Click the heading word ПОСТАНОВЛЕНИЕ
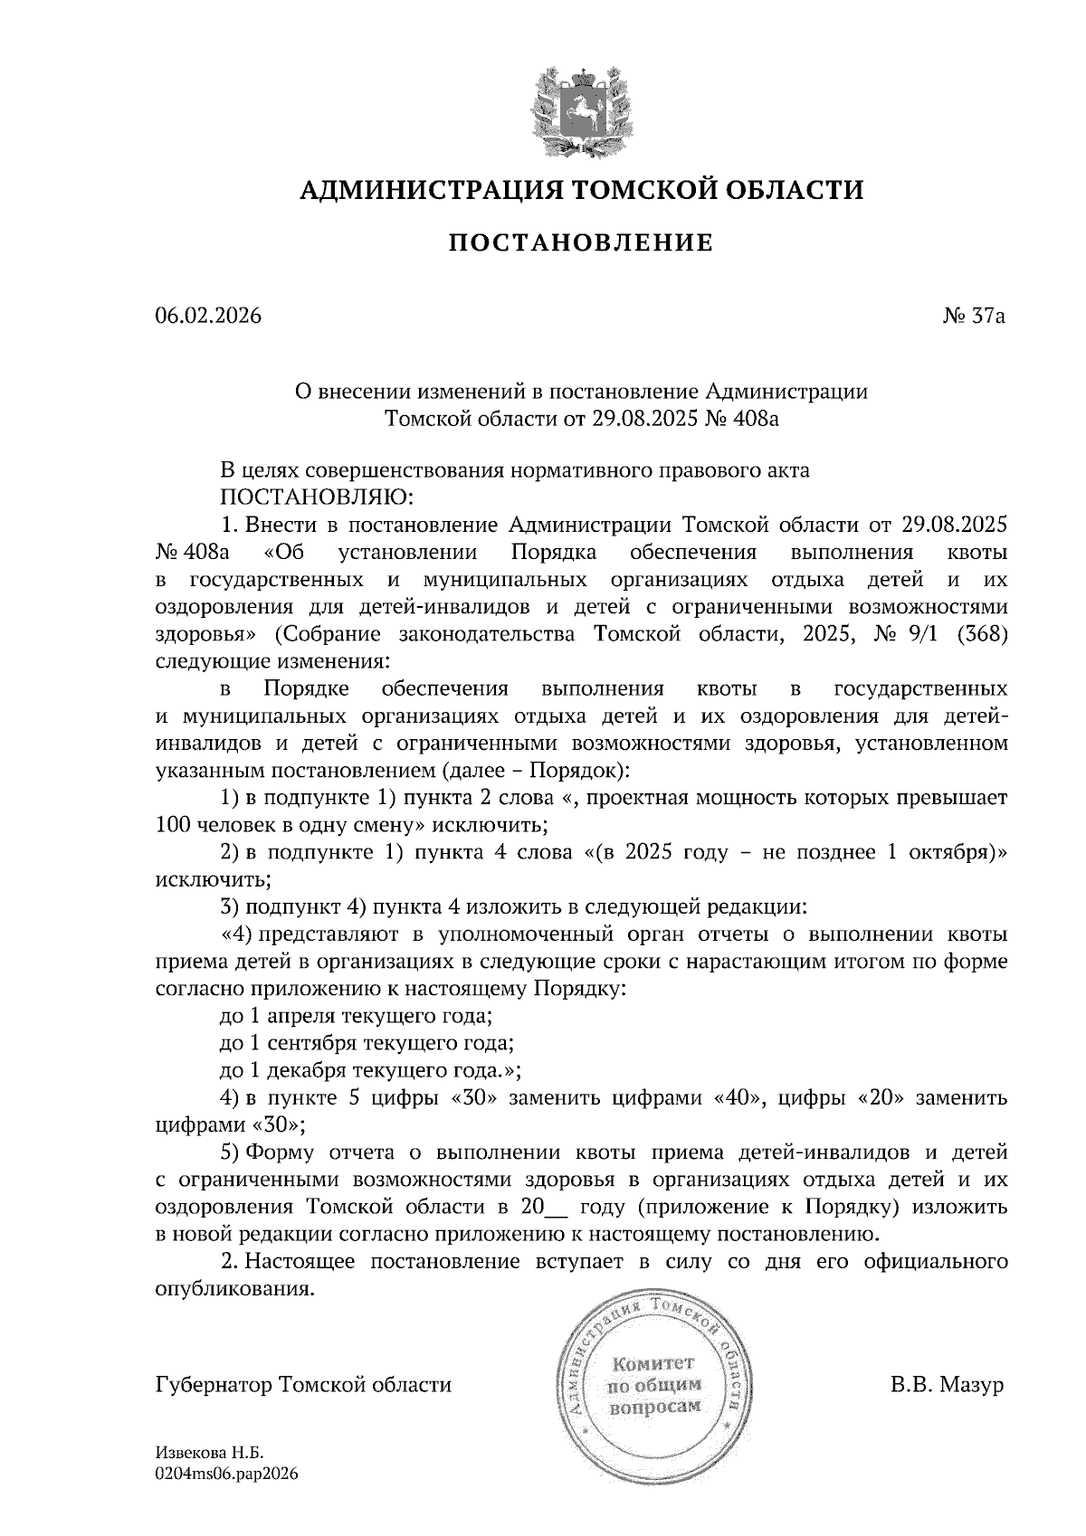[581, 242]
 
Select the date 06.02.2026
[208, 317]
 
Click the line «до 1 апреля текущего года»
[356, 1015]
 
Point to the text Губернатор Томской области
[303, 1385]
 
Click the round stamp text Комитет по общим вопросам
[653, 1385]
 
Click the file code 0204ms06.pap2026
[226, 1474]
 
